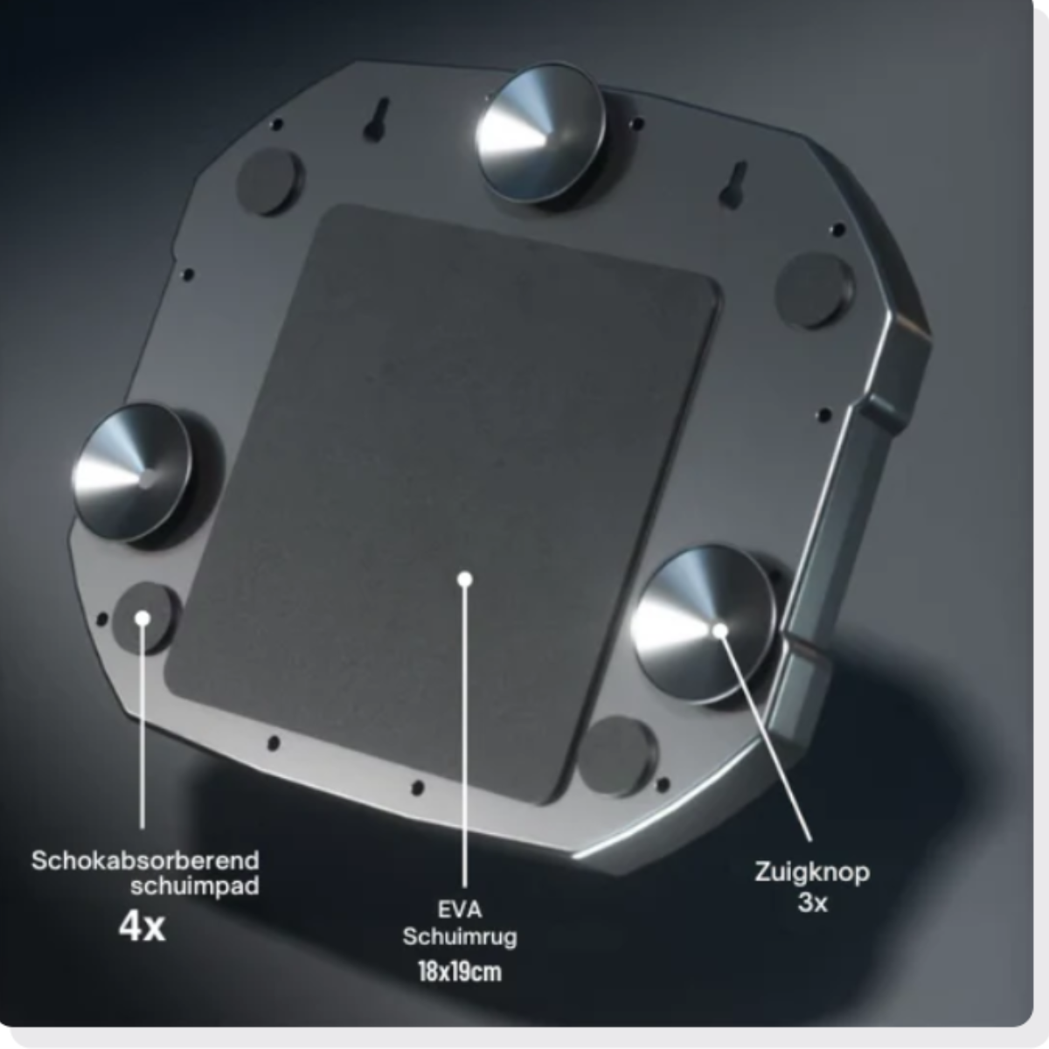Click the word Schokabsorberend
click(145, 861)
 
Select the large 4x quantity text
click(142, 927)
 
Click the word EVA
click(460, 910)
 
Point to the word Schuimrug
click(460, 938)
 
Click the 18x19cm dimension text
click(460, 972)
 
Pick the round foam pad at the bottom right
click(617, 757)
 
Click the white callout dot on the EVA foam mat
click(464, 580)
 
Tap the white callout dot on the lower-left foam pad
click(142, 618)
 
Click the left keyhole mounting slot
click(377, 119)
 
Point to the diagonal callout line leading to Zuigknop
click(767, 737)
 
